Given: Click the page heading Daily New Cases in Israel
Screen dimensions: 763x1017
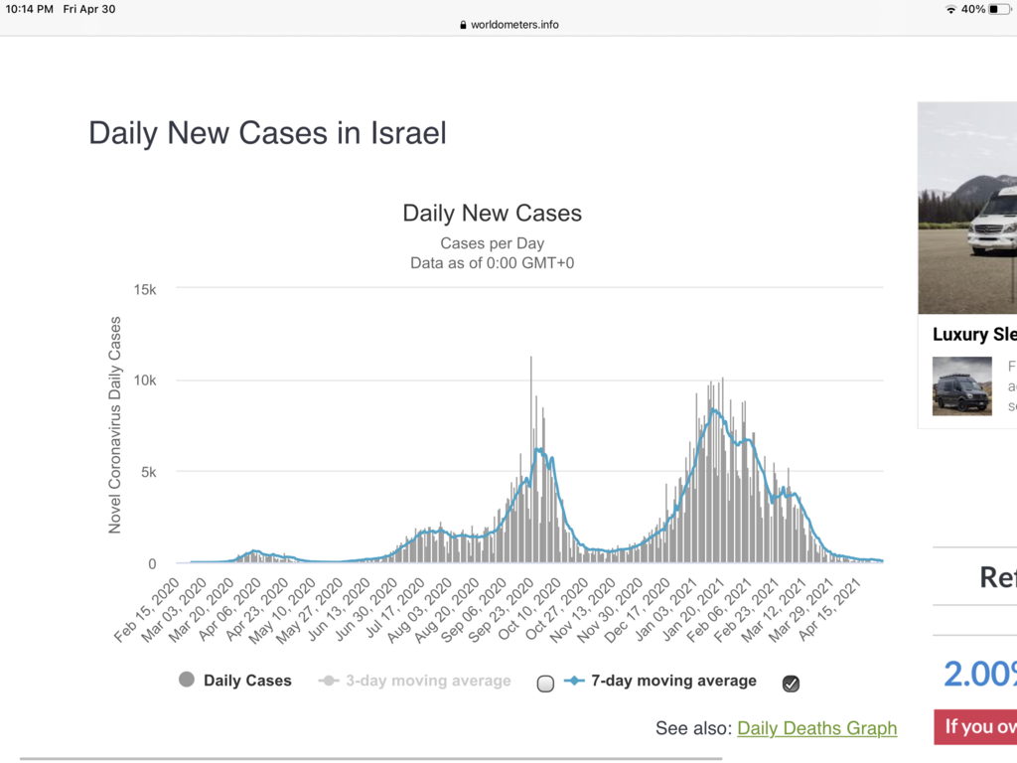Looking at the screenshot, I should [267, 133].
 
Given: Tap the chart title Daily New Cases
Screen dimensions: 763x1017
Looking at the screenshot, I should [492, 213].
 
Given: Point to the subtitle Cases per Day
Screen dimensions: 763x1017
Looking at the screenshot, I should [492, 243].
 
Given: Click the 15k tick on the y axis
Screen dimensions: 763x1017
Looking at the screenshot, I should [145, 289].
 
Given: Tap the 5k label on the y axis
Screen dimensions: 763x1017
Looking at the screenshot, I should [149, 472].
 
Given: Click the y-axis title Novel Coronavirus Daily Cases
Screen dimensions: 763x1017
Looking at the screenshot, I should [115, 424].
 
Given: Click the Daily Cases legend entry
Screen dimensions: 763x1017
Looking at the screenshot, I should [247, 681].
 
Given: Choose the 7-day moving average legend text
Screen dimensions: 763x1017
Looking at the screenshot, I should [673, 681].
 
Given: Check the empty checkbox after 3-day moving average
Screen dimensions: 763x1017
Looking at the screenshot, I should [544, 684].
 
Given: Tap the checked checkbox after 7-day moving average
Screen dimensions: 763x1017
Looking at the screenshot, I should [791, 683].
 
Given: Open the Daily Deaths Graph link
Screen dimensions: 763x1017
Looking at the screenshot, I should [816, 728].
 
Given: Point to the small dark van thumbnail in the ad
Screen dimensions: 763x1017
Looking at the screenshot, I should [961, 385].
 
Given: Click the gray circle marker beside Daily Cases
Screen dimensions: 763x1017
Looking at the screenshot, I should [186, 681].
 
